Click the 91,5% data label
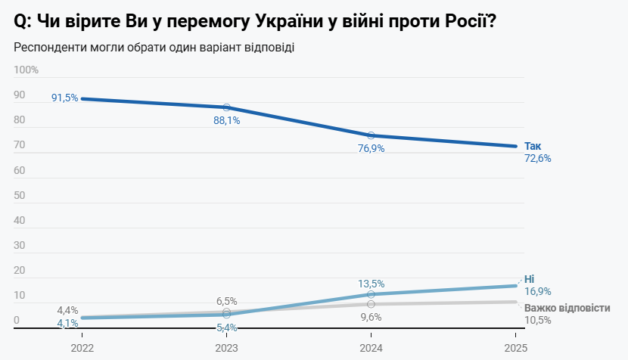[64, 98]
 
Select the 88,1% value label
[226, 120]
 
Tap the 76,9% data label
[371, 148]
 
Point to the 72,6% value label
[537, 159]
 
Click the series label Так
[533, 146]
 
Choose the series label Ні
[529, 278]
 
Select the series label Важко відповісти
[567, 308]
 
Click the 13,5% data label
[371, 284]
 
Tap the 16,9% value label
[537, 291]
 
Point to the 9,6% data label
[371, 317]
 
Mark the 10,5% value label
[537, 320]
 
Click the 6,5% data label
[226, 301]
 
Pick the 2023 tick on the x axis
[226, 348]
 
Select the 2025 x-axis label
[515, 348]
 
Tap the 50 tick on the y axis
[20, 195]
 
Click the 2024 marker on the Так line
[371, 135]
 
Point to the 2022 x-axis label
[82, 348]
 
